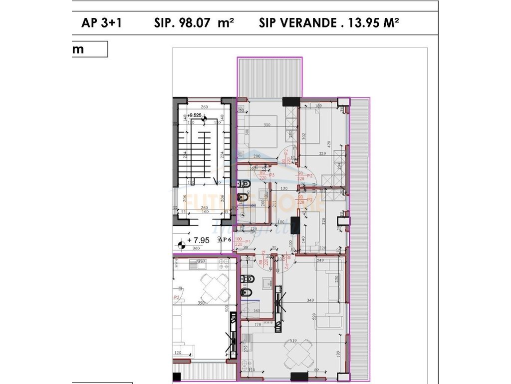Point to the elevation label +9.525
click(x=196, y=115)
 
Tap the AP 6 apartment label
click(x=225, y=239)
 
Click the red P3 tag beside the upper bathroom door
click(x=272, y=175)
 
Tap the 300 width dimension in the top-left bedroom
click(x=267, y=125)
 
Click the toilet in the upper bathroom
click(x=244, y=198)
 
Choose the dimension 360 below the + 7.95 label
click(x=196, y=248)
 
